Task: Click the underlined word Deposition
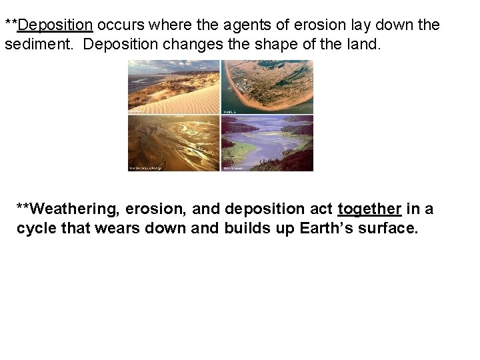[x=56, y=25]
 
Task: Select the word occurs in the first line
[x=121, y=25]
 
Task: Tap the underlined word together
[x=369, y=209]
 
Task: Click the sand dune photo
[x=173, y=87]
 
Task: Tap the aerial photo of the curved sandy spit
[x=267, y=87]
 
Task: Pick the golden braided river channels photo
[x=173, y=143]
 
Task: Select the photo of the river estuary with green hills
[x=267, y=143]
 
